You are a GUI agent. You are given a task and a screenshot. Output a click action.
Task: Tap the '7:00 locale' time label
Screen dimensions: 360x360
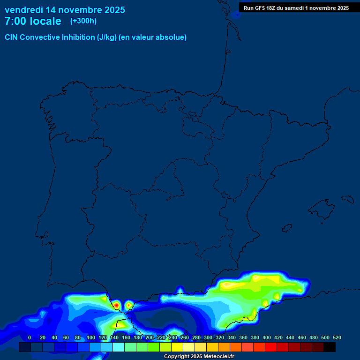(33, 21)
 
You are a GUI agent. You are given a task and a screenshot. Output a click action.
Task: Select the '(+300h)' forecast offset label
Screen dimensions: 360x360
(83, 21)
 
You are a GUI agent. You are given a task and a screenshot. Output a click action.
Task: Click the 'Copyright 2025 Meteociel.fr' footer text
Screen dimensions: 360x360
(199, 357)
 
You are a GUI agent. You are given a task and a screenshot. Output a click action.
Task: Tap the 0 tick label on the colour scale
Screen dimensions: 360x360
(30, 337)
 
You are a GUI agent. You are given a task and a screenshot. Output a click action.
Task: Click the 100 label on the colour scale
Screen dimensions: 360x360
(91, 337)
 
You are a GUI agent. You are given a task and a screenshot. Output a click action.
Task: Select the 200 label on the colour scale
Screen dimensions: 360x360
(150, 337)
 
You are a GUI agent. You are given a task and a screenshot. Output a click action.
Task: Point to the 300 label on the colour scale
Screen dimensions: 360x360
(208, 337)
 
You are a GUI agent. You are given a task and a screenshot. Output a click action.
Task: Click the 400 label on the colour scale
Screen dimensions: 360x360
(267, 337)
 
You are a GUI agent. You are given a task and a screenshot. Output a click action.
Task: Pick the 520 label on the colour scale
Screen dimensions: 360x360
(337, 337)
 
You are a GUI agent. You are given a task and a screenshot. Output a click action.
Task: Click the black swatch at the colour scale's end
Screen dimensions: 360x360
(330, 347)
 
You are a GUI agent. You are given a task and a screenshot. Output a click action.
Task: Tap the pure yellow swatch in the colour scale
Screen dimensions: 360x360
(177, 347)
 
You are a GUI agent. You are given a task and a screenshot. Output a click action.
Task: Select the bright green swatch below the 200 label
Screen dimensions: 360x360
(154, 347)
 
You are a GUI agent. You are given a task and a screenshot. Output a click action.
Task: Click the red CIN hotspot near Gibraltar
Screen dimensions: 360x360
(116, 305)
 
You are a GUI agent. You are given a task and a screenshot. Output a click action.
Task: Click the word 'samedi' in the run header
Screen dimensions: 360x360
(293, 8)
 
